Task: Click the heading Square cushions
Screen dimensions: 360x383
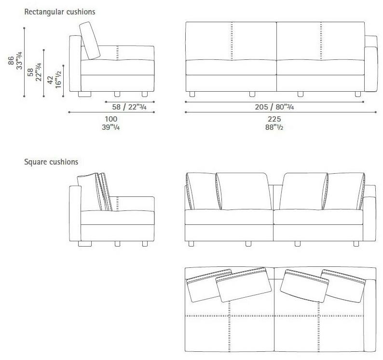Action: click(51, 162)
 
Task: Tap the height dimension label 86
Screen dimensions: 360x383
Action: click(11, 60)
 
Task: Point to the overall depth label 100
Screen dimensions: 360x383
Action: click(111, 119)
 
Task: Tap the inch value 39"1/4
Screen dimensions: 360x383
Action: click(111, 128)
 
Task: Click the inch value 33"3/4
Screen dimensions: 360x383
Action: click(19, 60)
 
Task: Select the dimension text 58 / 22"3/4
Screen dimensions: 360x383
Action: click(129, 107)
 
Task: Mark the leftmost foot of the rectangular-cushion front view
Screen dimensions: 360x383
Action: click(192, 93)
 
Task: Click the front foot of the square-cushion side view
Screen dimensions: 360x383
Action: click(144, 244)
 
